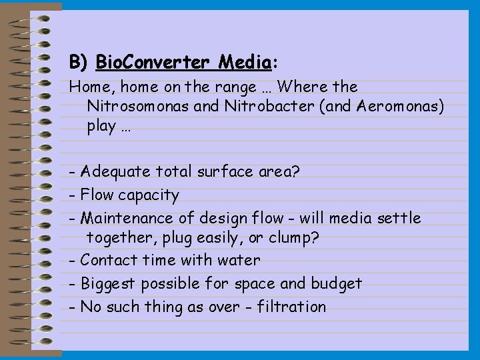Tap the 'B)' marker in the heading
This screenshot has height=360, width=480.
(x=79, y=63)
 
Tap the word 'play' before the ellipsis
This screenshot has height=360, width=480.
(x=102, y=126)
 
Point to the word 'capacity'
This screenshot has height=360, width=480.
(x=148, y=195)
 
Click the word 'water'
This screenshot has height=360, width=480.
(x=239, y=260)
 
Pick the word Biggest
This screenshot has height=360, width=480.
(x=107, y=283)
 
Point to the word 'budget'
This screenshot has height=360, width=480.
(x=336, y=283)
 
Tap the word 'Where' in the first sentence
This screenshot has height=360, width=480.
(x=298, y=87)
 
